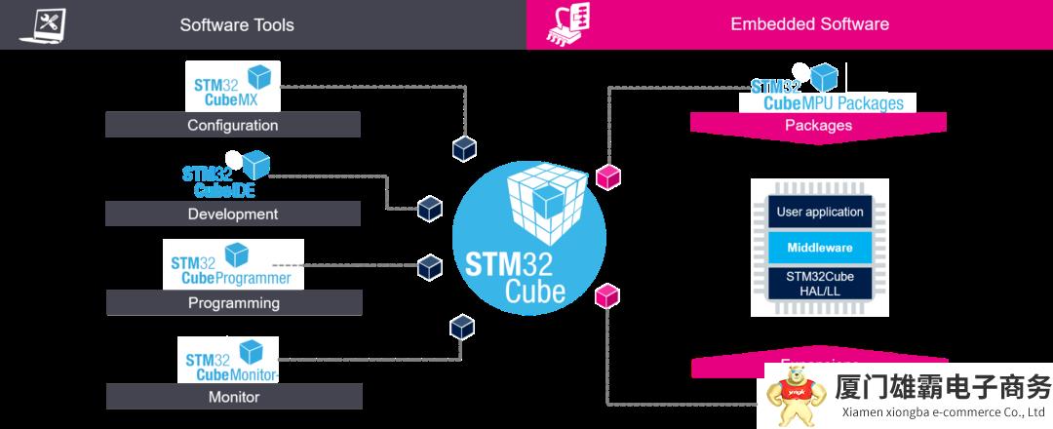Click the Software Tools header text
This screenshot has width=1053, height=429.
236,24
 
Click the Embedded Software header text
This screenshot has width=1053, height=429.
809,24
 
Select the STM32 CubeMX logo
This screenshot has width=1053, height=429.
232,86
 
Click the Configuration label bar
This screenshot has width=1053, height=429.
232,125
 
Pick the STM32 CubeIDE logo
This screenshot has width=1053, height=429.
225,174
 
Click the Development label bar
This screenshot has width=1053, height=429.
232,214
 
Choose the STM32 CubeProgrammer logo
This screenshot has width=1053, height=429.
233,264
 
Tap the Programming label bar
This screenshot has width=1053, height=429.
233,302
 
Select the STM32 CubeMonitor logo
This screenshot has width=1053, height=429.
228,360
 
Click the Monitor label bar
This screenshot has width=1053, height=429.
233,397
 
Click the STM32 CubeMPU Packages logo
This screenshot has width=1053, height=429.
828,90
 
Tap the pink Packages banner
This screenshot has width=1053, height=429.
818,125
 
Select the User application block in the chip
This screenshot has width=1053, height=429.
819,212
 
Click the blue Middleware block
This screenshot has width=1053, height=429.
819,247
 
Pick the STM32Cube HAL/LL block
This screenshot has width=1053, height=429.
819,284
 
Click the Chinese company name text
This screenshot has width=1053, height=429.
942,388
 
